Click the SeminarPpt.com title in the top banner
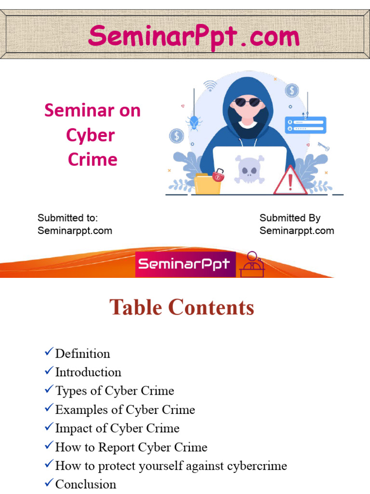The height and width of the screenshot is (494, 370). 194,37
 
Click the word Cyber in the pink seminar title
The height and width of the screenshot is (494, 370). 91,135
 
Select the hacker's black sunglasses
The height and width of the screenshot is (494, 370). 248,102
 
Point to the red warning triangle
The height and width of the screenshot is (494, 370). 290,181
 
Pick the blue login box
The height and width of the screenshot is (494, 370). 305,125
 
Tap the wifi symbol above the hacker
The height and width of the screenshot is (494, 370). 210,86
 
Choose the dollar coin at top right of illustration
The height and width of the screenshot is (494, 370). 291,90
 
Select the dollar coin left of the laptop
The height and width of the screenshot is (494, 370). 176,136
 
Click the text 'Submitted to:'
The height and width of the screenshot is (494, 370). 67,218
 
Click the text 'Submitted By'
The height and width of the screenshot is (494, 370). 290,218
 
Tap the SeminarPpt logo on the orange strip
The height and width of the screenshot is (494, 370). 185,264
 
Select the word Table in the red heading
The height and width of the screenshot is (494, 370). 136,307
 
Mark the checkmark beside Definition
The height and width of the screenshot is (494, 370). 49,353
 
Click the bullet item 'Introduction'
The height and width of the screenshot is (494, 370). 88,372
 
